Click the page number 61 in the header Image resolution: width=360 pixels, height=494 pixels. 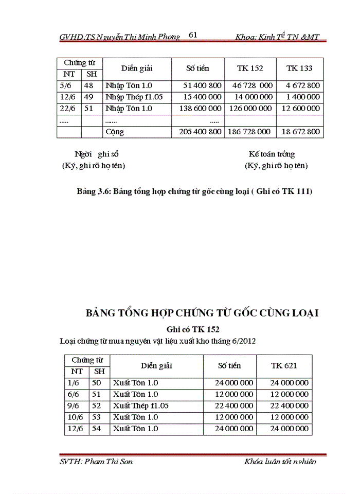pos(193,35)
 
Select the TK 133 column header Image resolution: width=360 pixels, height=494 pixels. pos(299,68)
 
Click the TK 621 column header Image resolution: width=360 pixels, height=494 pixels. pos(284,365)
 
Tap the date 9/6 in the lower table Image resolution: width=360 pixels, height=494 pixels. pos(73,406)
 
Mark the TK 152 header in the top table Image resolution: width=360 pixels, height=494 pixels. pos(250,68)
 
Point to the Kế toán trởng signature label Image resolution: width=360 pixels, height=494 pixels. pos(272,154)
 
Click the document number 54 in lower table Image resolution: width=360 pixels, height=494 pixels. pos(96,429)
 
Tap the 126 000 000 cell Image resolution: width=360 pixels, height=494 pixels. pos(250,109)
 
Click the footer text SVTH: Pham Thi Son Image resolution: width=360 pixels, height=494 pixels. pos(96,462)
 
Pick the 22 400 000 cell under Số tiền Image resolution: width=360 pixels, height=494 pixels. pos(234,406)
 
